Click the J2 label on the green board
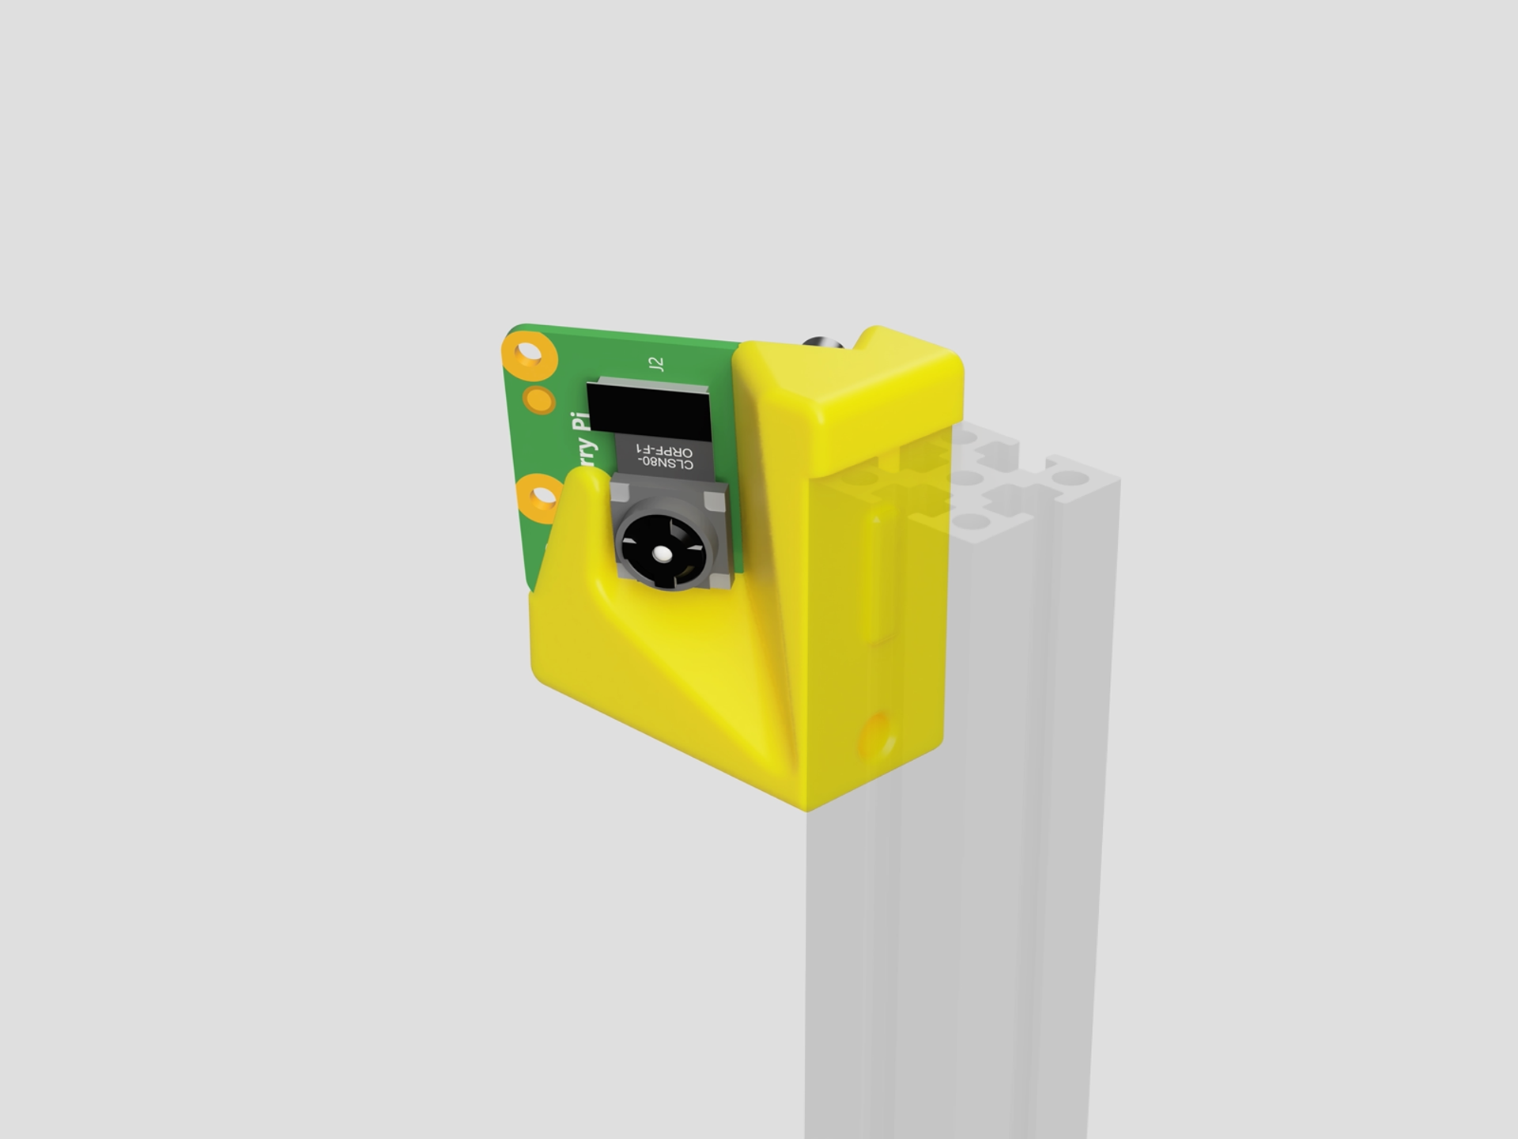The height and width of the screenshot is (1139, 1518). pos(655,364)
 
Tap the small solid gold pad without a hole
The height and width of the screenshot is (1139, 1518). pos(541,399)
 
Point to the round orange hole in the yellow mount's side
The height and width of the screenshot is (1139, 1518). pos(878,734)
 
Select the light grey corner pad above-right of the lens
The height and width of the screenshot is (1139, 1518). pos(715,500)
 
